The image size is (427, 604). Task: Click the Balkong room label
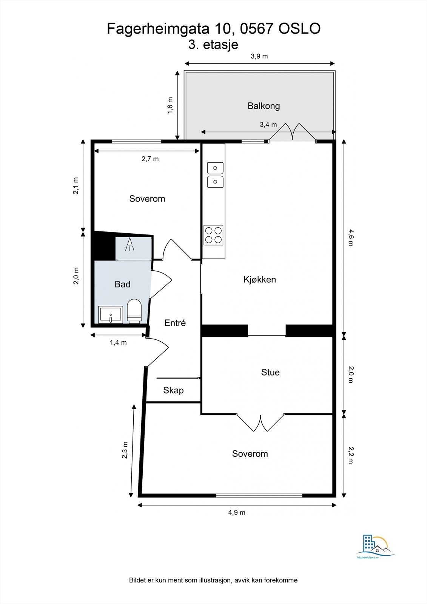tap(264, 106)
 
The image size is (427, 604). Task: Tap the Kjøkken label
tap(259, 280)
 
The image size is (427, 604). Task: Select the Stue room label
tap(270, 372)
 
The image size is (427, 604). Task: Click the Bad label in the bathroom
tap(122, 284)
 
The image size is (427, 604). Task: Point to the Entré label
tap(175, 323)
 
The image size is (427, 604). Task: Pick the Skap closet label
tap(173, 390)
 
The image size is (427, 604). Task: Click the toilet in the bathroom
tap(134, 311)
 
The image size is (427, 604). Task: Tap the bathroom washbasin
tap(111, 314)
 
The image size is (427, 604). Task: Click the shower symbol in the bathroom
tap(130, 244)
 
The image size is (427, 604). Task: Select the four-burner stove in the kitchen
tap(213, 235)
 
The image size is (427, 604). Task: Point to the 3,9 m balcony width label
tap(259, 56)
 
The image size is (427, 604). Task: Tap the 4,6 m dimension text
tap(350, 237)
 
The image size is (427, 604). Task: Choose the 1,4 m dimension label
tap(118, 342)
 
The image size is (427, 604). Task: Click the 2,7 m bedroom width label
tap(150, 159)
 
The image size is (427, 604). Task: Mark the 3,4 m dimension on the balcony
tap(268, 125)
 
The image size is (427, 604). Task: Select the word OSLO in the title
tap(299, 29)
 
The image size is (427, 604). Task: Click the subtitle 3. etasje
tap(213, 45)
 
